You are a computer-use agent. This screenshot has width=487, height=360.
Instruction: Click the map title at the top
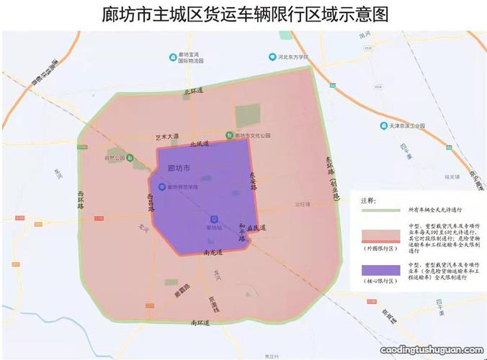(246, 14)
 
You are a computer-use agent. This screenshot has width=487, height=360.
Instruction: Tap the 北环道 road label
(194, 91)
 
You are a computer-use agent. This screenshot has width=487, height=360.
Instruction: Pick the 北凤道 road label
(199, 144)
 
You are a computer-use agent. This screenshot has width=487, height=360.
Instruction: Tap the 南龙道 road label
(214, 253)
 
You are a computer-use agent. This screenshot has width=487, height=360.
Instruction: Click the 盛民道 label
(256, 228)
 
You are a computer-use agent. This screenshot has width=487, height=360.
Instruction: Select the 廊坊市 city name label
(178, 168)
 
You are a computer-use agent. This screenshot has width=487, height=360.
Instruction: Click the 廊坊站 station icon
(213, 219)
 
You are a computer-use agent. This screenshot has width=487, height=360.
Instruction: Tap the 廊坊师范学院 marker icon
(161, 187)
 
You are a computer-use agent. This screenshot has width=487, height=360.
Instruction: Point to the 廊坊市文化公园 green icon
(230, 134)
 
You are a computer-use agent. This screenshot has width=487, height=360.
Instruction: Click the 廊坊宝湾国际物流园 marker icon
(171, 55)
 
